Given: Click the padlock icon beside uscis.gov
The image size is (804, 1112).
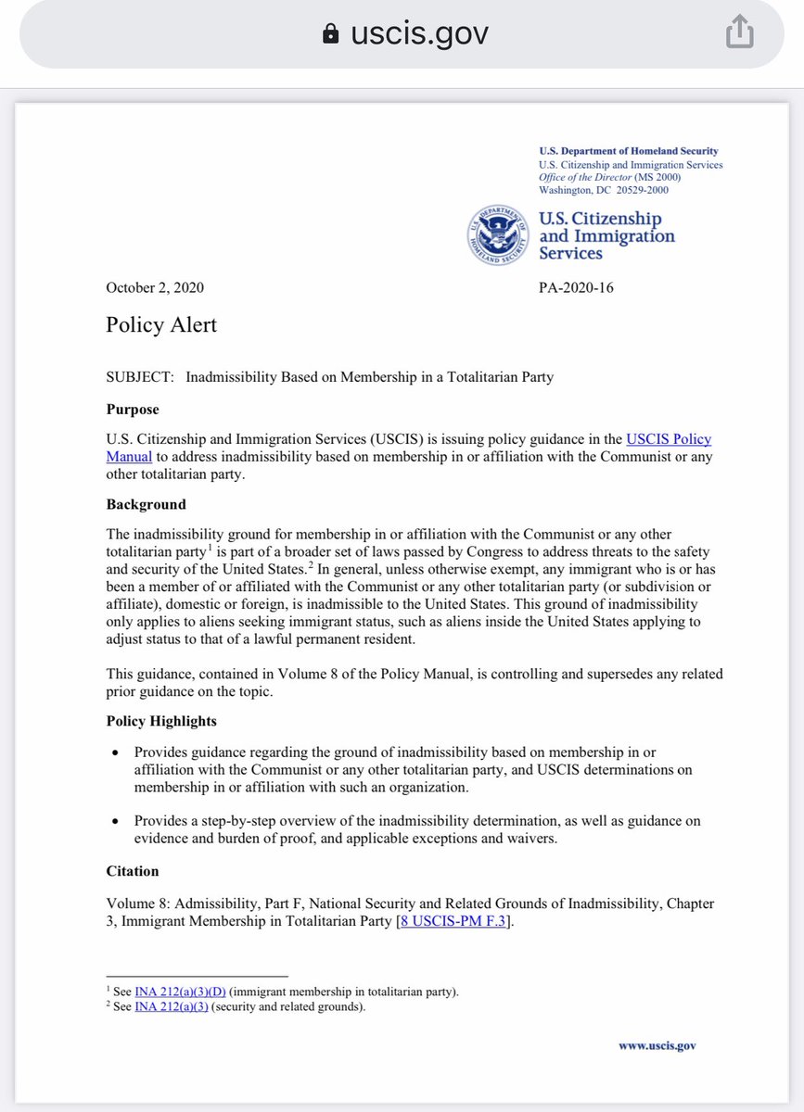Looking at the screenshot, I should coord(330,35).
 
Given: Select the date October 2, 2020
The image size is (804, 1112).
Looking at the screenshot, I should coord(156,287).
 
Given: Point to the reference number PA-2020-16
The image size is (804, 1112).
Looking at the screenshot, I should coord(575,287).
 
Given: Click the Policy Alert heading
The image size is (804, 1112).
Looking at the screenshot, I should coord(161,324).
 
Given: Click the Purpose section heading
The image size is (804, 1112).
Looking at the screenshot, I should coord(133,409).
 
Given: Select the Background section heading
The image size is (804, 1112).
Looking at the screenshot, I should coord(147,504).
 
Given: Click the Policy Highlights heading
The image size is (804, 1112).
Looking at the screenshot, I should coord(161,720).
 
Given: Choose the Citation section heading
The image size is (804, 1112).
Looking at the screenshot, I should coord(133,870).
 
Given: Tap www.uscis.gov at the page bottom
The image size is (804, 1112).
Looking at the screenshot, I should coord(657,1045).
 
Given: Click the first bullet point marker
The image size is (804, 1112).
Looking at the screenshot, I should coord(114,752).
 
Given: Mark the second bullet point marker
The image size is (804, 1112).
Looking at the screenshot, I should coord(114,821).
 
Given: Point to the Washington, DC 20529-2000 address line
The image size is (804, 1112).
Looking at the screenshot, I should coord(603,190).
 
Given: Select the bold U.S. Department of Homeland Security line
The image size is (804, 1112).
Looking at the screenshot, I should coord(628,151).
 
